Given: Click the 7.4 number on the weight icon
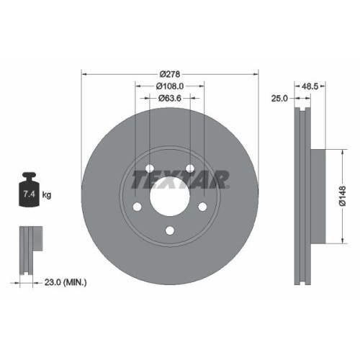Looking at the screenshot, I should coord(30,194).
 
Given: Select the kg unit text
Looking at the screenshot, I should coord(47,195).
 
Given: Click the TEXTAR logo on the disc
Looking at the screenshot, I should coord(186,176).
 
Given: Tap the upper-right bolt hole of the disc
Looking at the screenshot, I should coord(190,169).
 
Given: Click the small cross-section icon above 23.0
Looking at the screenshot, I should coord(28,249).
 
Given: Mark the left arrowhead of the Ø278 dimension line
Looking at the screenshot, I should coord(84,73).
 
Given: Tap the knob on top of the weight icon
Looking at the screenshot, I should coord(30,175).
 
